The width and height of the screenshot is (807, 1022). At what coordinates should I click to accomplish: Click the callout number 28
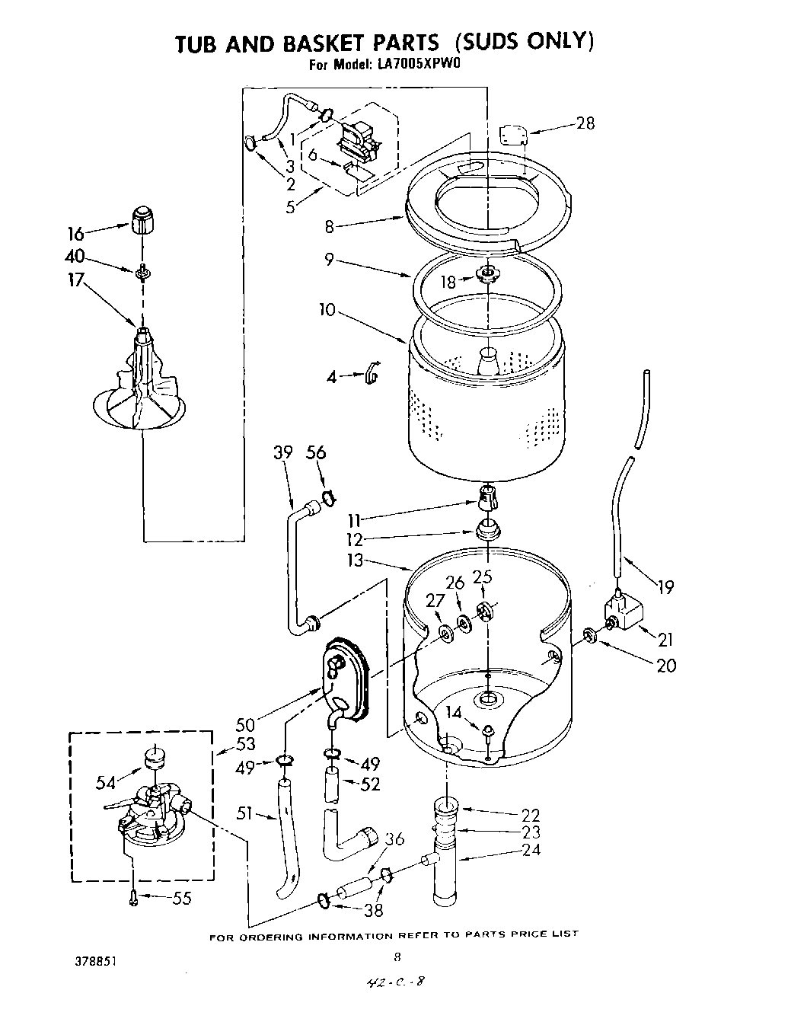tap(585, 123)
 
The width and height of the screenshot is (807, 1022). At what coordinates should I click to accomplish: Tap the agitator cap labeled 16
tap(142, 220)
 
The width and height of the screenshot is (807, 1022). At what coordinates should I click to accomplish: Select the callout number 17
tap(75, 280)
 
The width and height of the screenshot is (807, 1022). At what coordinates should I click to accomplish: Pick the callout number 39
tap(282, 453)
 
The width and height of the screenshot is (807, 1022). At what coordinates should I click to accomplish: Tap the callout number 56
tap(316, 453)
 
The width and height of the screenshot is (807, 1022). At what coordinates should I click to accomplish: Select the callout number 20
tap(665, 665)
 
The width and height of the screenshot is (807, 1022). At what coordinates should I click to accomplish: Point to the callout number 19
tap(665, 587)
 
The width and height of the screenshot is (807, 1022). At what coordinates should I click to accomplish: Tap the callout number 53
tap(246, 744)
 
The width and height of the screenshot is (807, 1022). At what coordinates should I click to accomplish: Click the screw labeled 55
tap(134, 899)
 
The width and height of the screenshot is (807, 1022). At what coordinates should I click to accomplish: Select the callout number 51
tap(244, 814)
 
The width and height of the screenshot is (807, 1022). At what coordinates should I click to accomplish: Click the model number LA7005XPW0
tap(419, 65)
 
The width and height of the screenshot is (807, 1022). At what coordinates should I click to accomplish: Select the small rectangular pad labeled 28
tap(513, 136)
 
